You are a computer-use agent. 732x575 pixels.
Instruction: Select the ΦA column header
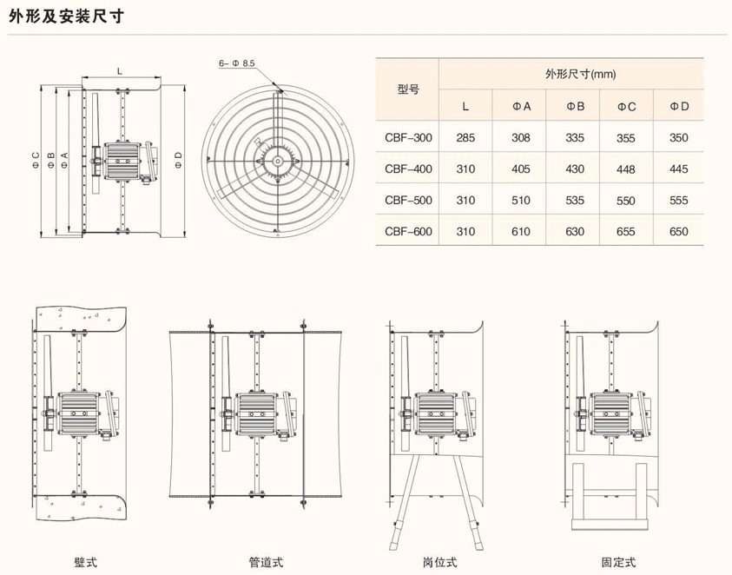pos(521,106)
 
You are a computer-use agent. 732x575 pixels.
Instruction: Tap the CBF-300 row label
pos(407,137)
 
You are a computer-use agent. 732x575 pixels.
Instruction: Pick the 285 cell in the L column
pos(465,137)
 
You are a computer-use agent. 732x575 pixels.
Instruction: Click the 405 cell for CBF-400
pos(521,169)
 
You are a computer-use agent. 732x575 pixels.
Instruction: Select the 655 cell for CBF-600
pos(626,231)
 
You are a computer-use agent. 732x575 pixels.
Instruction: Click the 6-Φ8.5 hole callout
pos(236,63)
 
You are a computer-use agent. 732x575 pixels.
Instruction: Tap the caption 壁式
pos(85,562)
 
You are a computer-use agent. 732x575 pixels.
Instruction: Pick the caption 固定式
pos(618,562)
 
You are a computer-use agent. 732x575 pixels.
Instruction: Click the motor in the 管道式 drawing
pos(257,412)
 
